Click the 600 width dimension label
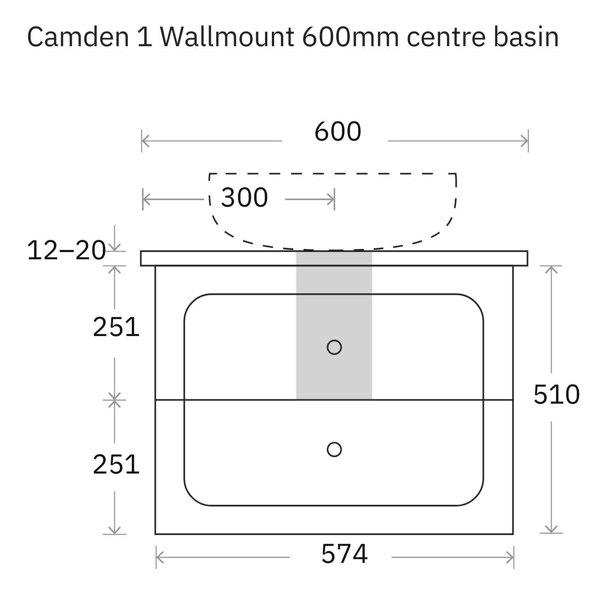[x=338, y=132]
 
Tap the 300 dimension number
[x=244, y=198]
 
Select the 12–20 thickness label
[x=66, y=251]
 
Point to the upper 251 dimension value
[x=116, y=327]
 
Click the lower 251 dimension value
[x=116, y=465]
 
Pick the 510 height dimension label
[x=556, y=394]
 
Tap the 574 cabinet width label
[x=344, y=554]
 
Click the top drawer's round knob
[x=334, y=347]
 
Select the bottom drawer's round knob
[x=334, y=449]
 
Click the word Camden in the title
[x=78, y=37]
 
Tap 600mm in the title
[x=351, y=37]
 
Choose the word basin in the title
[x=526, y=37]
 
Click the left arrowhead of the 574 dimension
[x=160, y=558]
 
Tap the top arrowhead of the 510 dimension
[x=551, y=269]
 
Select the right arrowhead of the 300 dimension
[x=331, y=199]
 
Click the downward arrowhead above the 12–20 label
[x=115, y=247]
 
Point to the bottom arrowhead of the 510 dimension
[x=551, y=529]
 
